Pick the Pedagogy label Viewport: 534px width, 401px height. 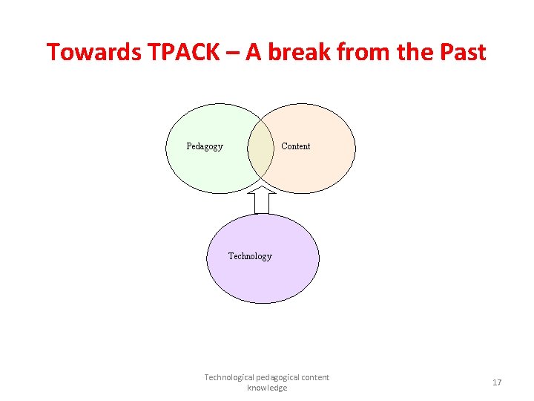coord(205,146)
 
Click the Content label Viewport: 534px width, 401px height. coord(296,146)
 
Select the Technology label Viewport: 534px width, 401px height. coord(250,256)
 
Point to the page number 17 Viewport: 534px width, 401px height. coord(497,382)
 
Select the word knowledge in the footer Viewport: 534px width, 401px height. coord(267,388)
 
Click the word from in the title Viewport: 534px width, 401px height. coord(361,52)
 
